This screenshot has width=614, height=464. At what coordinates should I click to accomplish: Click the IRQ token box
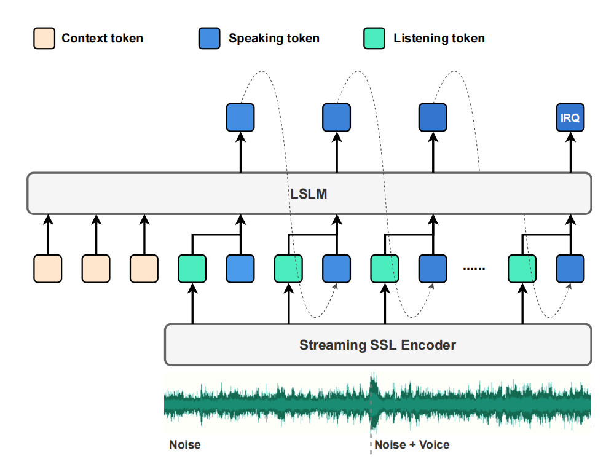coord(570,117)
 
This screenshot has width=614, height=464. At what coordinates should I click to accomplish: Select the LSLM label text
coord(309,194)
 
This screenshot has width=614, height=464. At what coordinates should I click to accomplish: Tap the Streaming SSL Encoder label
coord(377,345)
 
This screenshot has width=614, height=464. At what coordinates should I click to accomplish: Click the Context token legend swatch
coord(44,38)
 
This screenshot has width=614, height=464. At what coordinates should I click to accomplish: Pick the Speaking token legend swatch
coord(209,38)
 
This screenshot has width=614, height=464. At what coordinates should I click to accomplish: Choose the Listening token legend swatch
coord(374,38)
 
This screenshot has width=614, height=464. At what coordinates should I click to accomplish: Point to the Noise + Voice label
coord(412,445)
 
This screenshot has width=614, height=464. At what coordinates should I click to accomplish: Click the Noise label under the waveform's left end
coord(185,445)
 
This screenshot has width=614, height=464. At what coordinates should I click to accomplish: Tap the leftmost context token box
coord(48,269)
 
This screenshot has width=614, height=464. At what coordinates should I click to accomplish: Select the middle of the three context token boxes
coord(96,269)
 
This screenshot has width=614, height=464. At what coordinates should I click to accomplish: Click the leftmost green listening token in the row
coord(192,269)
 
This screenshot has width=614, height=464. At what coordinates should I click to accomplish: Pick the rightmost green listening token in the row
coord(522,269)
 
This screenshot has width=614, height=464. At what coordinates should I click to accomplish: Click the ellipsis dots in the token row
coord(474,269)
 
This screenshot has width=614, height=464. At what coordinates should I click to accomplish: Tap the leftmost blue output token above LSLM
coord(240,117)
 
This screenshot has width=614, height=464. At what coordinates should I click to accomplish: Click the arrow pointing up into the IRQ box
coord(570,152)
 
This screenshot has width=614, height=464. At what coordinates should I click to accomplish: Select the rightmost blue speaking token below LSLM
coord(570,269)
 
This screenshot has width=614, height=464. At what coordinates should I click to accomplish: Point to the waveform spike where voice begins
coord(373,401)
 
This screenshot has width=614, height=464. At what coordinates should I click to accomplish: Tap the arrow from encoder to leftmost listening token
coord(192,304)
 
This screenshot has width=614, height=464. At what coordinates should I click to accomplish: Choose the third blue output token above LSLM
coord(433,117)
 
